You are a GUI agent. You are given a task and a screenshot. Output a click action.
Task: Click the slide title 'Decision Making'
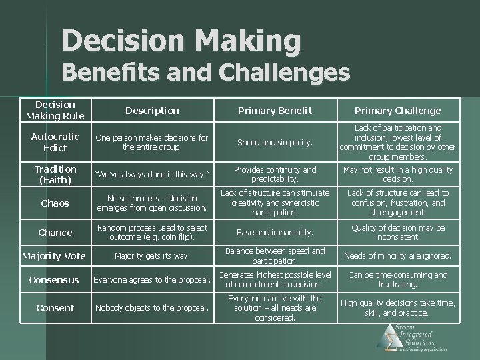[x=181, y=41]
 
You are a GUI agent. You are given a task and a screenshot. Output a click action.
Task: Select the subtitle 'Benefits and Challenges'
[x=207, y=72]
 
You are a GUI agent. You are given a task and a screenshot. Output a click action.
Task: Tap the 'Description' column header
[x=153, y=111]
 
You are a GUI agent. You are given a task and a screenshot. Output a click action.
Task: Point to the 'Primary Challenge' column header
[x=397, y=111]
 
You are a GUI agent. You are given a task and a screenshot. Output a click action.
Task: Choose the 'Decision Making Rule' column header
[x=55, y=110]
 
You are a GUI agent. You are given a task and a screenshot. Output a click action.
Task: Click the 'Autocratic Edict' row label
[x=55, y=142]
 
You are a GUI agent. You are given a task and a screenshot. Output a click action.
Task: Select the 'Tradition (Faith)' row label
[x=55, y=174]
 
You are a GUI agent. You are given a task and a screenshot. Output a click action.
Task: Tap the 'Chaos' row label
[x=55, y=203]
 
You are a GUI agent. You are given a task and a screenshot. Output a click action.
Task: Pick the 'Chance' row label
[x=55, y=232]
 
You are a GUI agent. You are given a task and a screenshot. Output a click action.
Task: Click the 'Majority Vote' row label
[x=55, y=255]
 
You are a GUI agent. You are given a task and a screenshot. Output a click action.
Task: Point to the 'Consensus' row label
[x=55, y=280]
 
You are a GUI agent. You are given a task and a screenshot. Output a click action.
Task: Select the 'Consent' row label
[x=55, y=308]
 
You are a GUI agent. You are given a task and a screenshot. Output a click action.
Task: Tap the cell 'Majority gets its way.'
[x=152, y=255]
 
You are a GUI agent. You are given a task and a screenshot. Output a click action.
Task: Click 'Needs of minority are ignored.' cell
[x=397, y=255]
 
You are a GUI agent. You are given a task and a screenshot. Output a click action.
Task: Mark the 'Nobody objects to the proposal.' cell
[x=152, y=308]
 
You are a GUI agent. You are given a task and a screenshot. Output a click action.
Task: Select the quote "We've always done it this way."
[x=152, y=175]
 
